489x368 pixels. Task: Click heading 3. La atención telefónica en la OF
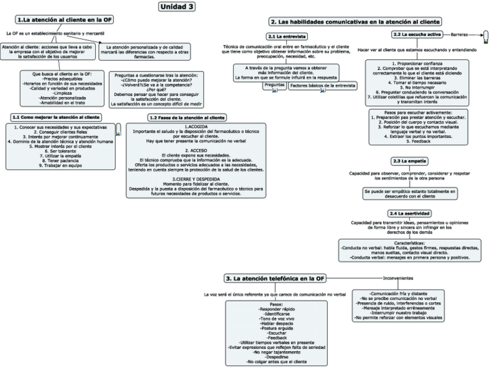pyautogui.click(x=274, y=279)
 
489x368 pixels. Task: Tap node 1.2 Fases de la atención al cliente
pyautogui.click(x=187, y=117)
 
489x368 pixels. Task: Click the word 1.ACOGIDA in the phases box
pyautogui.click(x=195, y=126)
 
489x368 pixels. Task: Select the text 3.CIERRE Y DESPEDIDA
pyautogui.click(x=195, y=179)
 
